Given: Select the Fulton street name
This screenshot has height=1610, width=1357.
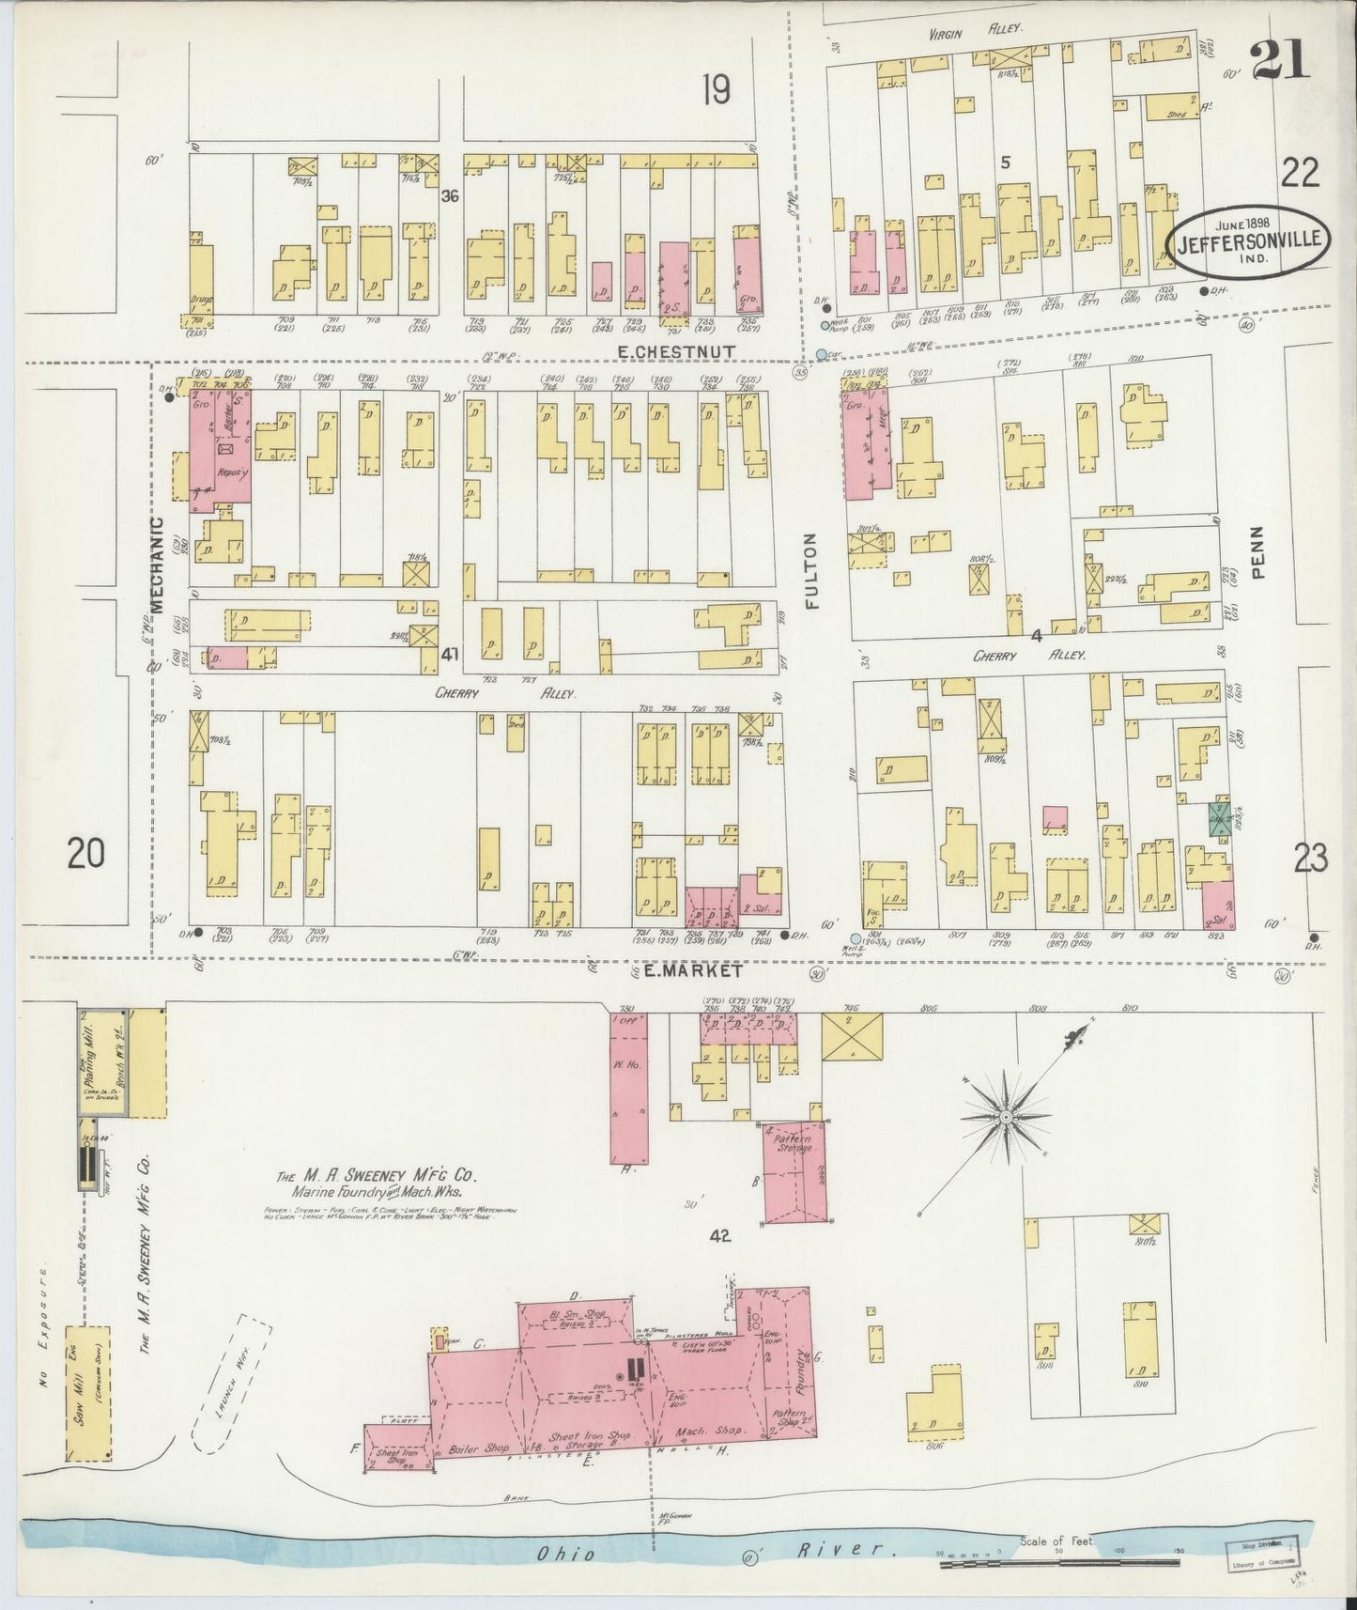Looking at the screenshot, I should tap(812, 571).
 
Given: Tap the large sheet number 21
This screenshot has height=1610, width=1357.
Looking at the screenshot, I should tap(1279, 62).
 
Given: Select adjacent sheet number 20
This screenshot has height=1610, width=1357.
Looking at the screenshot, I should tap(85, 854).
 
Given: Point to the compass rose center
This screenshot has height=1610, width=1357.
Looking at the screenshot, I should tap(1006, 1117).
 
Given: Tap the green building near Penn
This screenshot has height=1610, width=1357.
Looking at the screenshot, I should tap(1219, 818).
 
